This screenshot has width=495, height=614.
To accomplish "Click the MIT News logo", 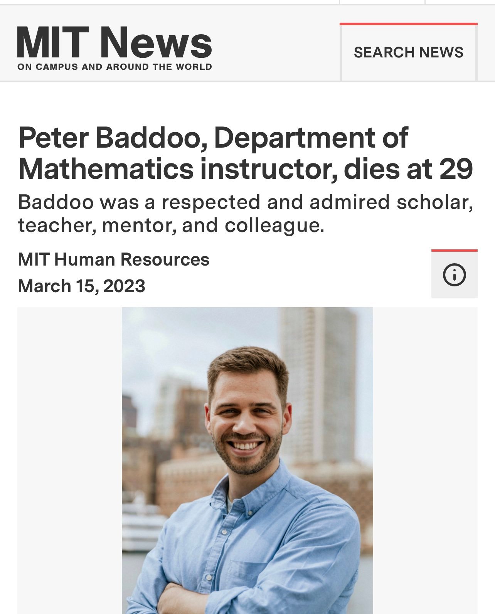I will [114, 42].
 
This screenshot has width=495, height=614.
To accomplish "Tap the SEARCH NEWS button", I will [408, 52].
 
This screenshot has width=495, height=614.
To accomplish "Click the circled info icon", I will [454, 275].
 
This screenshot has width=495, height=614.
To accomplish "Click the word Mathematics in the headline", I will [106, 169].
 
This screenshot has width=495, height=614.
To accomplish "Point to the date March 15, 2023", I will [82, 286].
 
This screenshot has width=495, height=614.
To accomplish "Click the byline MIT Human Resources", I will [114, 259].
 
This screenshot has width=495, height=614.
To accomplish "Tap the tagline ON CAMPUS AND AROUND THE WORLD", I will [114, 67].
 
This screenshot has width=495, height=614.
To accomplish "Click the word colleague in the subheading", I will [274, 225].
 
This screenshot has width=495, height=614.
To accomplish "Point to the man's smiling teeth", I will [244, 446].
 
